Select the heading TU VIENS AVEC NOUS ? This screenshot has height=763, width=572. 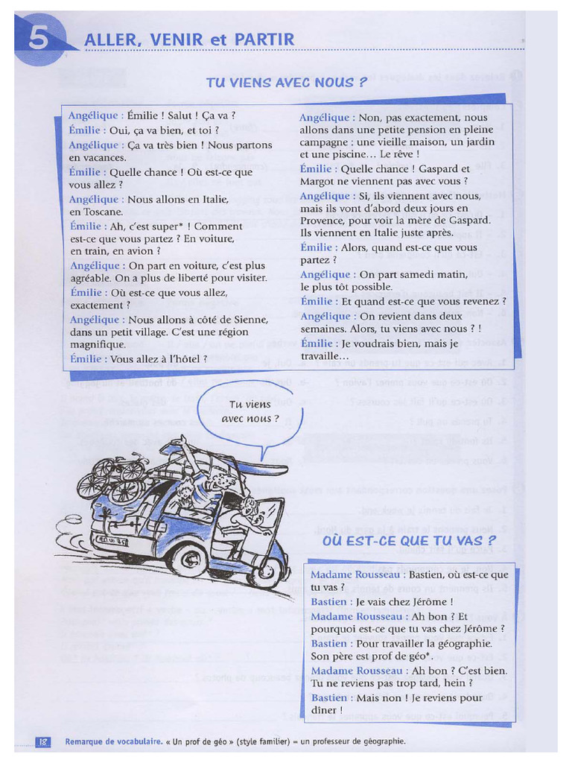pyautogui.click(x=286, y=83)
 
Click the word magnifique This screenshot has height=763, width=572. pyautogui.click(x=98, y=345)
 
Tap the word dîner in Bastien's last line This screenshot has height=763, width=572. pyautogui.click(x=325, y=710)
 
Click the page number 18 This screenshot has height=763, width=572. pyautogui.click(x=43, y=741)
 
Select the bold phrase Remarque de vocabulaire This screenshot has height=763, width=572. pyautogui.click(x=114, y=741)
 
